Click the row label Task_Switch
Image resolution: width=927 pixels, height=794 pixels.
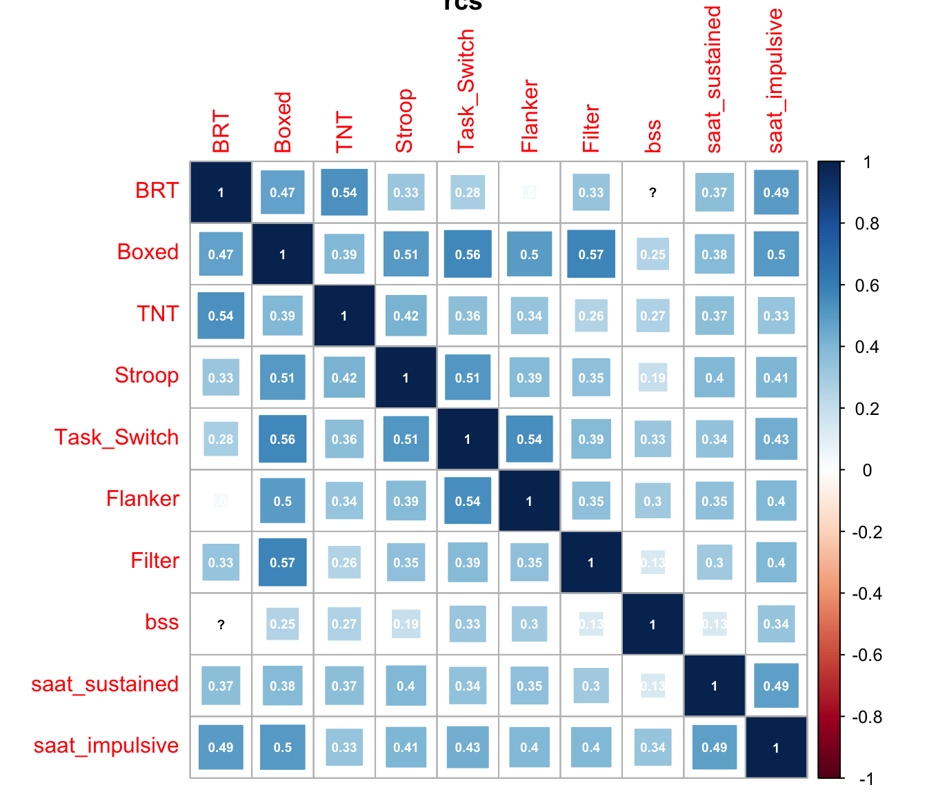point(117,438)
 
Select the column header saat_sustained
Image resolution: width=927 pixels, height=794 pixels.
point(713,80)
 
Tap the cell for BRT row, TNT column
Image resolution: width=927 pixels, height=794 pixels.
point(344,193)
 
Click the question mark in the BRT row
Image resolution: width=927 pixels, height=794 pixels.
point(652,193)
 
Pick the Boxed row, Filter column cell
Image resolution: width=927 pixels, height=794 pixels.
point(591,254)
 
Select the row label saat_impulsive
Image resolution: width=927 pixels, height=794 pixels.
point(106,746)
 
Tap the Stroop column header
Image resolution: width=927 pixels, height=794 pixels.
point(404,121)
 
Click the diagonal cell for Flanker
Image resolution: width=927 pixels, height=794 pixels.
point(529,501)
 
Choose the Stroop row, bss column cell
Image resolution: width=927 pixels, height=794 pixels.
point(652,378)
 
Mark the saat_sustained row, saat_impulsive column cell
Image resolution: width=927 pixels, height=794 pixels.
point(776,686)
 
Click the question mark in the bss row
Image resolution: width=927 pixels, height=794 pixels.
point(221,624)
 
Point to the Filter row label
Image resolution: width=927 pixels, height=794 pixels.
point(155,561)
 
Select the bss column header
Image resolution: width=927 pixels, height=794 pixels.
point(652,136)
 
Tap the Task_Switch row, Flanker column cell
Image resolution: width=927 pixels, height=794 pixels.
point(529,439)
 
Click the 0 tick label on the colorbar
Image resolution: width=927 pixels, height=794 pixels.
point(867,471)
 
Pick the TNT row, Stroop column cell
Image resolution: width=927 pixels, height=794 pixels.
point(406,316)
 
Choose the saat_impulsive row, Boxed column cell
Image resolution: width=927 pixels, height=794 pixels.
point(283,747)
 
